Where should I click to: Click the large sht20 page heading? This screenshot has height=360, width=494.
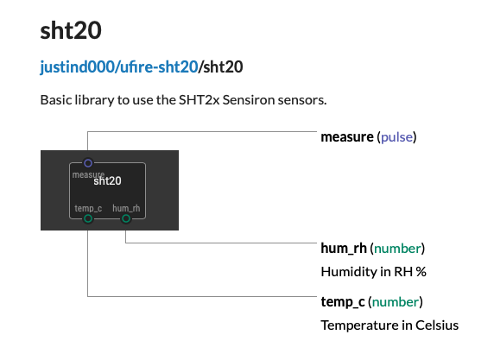coord(71,30)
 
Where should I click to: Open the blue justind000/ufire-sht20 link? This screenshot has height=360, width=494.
coord(119,67)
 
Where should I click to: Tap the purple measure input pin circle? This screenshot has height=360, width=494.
coord(88,163)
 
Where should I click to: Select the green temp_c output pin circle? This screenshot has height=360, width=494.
coord(88,218)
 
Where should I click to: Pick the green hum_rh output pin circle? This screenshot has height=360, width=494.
coord(126,218)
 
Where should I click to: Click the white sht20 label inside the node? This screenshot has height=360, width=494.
coord(107,180)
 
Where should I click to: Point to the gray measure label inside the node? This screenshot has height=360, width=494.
coord(88,174)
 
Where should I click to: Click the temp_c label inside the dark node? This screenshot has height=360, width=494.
coord(88,208)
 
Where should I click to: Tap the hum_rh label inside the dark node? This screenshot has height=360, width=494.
coord(126,208)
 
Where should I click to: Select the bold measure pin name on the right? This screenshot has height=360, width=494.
coord(347,137)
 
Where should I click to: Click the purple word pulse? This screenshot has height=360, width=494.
coord(396,137)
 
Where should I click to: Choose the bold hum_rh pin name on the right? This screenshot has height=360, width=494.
coord(344,248)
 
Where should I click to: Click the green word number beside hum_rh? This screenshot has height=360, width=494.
coord(397,249)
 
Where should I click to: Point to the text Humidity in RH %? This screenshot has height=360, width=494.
coord(373,272)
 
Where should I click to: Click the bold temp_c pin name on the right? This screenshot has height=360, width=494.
coord(343,302)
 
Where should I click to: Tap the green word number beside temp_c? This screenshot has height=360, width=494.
coord(396,302)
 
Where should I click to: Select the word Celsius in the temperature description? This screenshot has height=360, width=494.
coord(437,325)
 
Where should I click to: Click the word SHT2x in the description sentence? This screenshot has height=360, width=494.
coord(199,100)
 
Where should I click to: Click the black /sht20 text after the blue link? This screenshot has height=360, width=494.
coord(220,67)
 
